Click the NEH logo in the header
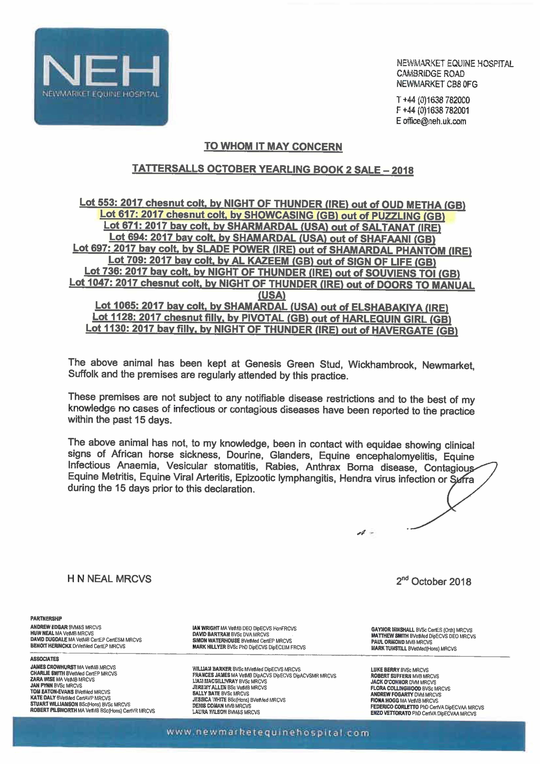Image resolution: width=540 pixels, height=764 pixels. [101, 77]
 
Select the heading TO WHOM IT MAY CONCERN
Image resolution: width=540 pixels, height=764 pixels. [273, 147]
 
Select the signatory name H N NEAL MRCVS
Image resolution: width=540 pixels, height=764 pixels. [109, 579]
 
